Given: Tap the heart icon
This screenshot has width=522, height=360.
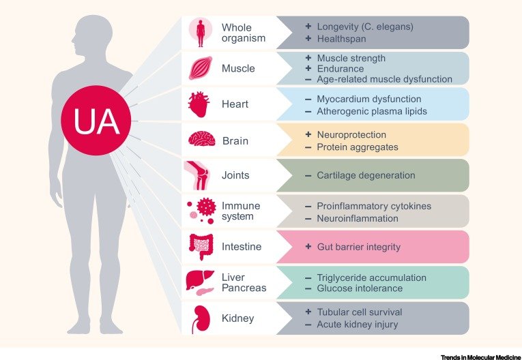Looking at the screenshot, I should coord(200,104).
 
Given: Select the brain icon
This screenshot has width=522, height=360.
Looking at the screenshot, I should coord(201,140).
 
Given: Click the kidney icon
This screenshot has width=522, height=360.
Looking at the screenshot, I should coord(200,318).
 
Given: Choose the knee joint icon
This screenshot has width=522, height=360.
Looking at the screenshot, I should coord(200,175).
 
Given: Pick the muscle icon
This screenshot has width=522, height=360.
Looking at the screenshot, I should coord(200,68).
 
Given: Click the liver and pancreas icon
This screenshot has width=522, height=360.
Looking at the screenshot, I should coord(201,282).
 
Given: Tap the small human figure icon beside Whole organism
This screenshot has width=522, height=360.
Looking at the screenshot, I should coord(200,33).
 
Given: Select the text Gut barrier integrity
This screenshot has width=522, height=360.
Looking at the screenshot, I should coord(358,247).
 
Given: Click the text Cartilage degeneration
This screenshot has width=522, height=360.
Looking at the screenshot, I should coord(366,175).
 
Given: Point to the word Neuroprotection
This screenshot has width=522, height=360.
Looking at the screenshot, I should coord(351,135).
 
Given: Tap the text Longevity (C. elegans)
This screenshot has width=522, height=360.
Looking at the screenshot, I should coord(365,27).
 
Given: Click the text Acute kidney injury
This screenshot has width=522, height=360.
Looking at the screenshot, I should coord(356,325).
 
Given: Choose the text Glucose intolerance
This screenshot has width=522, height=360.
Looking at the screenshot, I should coord(360,288).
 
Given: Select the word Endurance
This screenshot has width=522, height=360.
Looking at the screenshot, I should coord(340,69).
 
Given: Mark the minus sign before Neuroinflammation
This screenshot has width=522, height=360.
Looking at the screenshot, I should coord(308,218).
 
